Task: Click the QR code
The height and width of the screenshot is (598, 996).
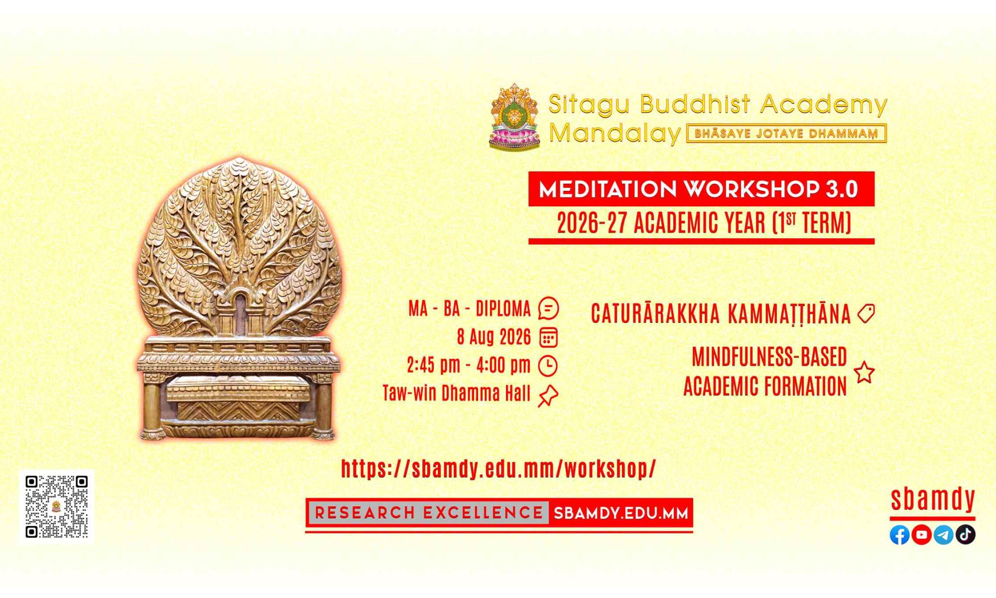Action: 57,507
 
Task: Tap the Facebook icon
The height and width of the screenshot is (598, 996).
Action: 899,535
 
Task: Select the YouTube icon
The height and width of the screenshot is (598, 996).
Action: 921,535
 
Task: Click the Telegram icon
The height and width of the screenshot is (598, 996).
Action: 943,535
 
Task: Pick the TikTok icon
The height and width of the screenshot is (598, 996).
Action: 965,535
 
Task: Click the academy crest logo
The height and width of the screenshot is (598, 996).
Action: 515,117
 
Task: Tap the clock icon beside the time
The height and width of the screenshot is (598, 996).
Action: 548,366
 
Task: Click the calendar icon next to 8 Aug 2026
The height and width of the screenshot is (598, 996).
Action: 548,337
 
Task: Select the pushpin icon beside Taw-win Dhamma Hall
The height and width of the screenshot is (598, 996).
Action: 548,396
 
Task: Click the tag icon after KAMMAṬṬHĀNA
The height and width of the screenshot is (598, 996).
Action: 866,313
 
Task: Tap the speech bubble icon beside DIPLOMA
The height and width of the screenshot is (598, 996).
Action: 548,308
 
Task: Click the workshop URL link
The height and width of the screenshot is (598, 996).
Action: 498,468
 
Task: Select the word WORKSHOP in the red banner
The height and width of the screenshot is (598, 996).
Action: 751,189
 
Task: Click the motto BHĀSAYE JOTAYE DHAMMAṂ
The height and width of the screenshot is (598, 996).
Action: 786,134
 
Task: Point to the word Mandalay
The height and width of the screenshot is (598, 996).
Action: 615,134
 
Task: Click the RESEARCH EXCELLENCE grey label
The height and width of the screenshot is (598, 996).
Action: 429,513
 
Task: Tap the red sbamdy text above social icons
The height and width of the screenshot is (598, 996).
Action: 932,499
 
